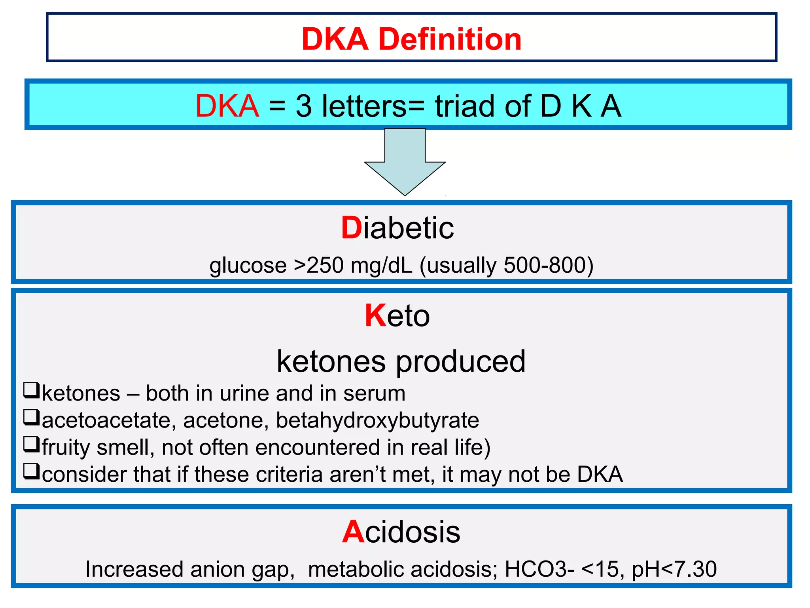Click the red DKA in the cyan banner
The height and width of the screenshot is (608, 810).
(227, 106)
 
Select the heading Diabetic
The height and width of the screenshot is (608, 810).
(397, 228)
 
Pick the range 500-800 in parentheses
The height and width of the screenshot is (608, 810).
(545, 265)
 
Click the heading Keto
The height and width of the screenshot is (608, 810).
(397, 316)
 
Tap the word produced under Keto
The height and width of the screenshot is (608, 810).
(461, 362)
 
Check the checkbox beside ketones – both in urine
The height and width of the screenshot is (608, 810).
(31, 390)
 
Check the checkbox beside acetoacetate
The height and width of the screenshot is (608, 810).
(31, 417)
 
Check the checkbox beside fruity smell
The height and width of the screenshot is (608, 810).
(31, 444)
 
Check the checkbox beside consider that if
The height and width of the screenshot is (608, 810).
(31, 471)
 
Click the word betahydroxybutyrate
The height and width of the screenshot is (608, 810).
(377, 420)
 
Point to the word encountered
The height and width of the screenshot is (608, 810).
(319, 447)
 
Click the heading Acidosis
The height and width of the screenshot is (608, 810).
(401, 532)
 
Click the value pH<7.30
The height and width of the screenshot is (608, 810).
(674, 569)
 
